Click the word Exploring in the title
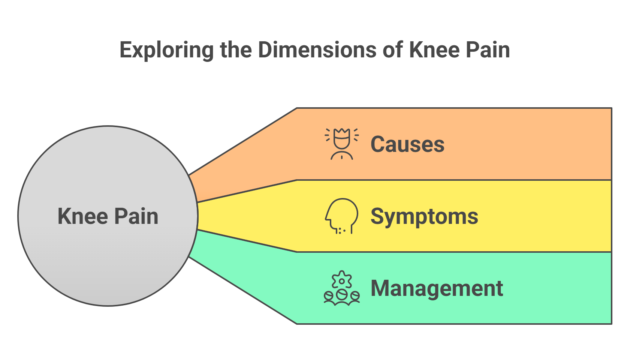[166, 50]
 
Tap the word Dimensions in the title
[317, 50]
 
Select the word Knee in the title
[434, 50]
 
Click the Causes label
[407, 144]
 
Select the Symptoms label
[424, 216]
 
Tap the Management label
[437, 288]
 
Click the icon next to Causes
[341, 144]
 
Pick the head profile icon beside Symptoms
[341, 216]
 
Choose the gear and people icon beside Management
[341, 288]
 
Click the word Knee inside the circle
[83, 216]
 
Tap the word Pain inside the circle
[136, 216]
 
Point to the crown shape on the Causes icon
[341, 133]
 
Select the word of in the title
[392, 50]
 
